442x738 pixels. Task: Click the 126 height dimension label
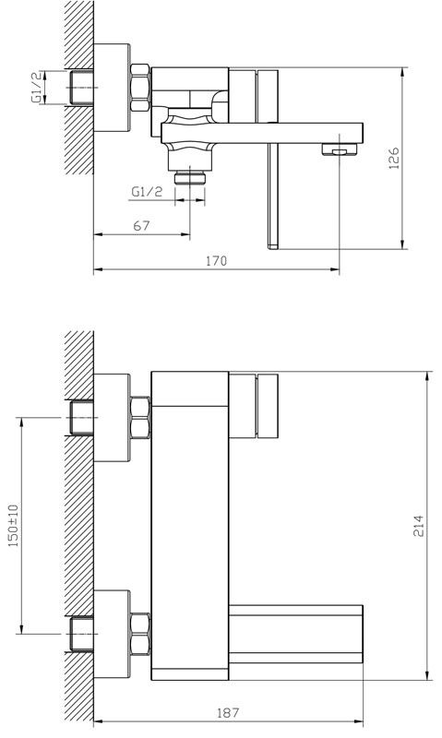click(x=394, y=158)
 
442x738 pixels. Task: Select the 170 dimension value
click(x=216, y=261)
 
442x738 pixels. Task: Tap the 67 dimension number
click(x=141, y=226)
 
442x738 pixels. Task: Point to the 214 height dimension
click(x=418, y=526)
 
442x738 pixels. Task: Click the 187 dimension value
click(x=228, y=712)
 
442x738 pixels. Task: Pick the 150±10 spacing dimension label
click(x=14, y=525)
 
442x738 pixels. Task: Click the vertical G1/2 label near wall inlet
click(x=36, y=88)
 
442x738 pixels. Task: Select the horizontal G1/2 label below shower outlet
click(x=147, y=192)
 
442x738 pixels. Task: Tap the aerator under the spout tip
click(x=340, y=149)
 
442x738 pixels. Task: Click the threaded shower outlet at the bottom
click(x=190, y=178)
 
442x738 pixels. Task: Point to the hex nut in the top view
click(x=140, y=88)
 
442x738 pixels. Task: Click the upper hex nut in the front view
click(x=140, y=418)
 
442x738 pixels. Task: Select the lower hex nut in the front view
click(x=140, y=634)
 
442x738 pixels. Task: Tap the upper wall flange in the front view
click(x=112, y=418)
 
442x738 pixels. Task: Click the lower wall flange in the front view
click(x=112, y=634)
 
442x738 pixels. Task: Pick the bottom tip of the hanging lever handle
click(x=273, y=247)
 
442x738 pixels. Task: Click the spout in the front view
click(x=295, y=634)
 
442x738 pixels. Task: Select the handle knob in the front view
click(x=267, y=406)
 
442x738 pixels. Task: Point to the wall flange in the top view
click(x=112, y=88)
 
